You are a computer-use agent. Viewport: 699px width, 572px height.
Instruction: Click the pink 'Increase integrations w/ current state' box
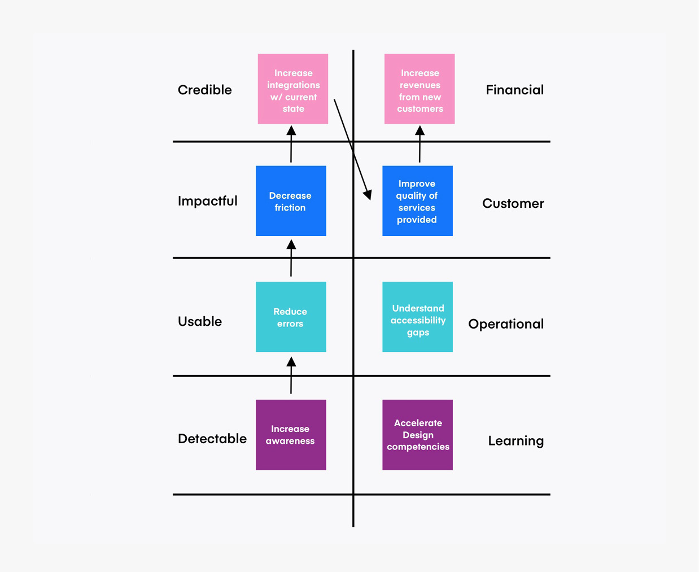[292, 89]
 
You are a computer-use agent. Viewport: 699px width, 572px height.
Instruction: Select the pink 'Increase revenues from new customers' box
[419, 89]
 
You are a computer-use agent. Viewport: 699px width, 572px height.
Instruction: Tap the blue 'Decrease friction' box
[291, 201]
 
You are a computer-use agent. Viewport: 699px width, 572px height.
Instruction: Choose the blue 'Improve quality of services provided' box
[417, 201]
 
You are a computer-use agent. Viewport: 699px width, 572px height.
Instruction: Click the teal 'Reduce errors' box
[291, 317]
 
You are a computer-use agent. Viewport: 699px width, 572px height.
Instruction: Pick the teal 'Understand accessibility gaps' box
[417, 317]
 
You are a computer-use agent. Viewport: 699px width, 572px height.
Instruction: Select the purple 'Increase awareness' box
[291, 435]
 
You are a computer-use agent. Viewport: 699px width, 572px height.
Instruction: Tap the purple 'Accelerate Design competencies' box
[417, 435]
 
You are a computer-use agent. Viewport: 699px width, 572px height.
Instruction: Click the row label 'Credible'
[204, 90]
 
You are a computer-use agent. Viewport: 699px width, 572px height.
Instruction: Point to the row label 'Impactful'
[207, 201]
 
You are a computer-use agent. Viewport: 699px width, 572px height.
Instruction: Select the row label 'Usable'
[200, 321]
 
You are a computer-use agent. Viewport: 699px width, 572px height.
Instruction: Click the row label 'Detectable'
[212, 439]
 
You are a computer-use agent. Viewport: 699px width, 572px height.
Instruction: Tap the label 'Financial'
[514, 90]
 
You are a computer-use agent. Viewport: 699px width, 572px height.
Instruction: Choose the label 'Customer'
[513, 203]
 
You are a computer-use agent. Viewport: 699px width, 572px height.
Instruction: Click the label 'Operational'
[506, 324]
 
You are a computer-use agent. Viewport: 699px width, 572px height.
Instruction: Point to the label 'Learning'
[515, 441]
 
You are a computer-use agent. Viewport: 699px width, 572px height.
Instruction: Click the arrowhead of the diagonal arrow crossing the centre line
[368, 195]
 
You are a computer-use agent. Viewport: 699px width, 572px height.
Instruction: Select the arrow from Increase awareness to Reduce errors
[291, 375]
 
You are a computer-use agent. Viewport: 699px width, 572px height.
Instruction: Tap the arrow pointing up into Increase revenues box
[420, 145]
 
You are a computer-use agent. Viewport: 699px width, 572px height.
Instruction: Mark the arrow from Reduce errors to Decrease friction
[291, 258]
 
